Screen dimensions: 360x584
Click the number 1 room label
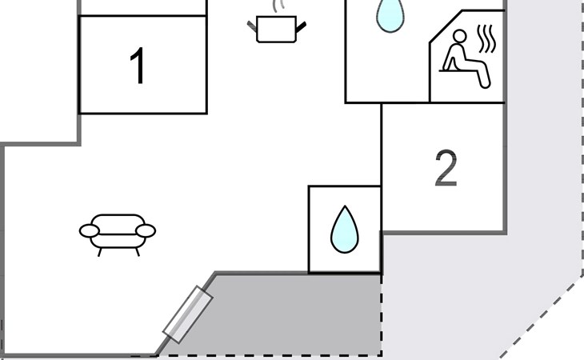point(138,66)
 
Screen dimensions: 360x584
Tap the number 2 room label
point(446,169)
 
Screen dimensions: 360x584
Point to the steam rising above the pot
point(278,7)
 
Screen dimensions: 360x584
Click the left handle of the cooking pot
point(252,26)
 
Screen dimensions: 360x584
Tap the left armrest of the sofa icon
point(89,232)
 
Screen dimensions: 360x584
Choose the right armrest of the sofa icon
point(146,231)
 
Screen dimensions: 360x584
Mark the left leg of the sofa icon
point(99,250)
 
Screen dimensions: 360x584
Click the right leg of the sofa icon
point(137,250)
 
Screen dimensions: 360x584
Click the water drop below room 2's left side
point(344,230)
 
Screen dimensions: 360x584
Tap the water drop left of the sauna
point(390,15)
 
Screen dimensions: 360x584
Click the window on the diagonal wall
point(188,316)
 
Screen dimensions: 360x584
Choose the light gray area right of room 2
point(544,160)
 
